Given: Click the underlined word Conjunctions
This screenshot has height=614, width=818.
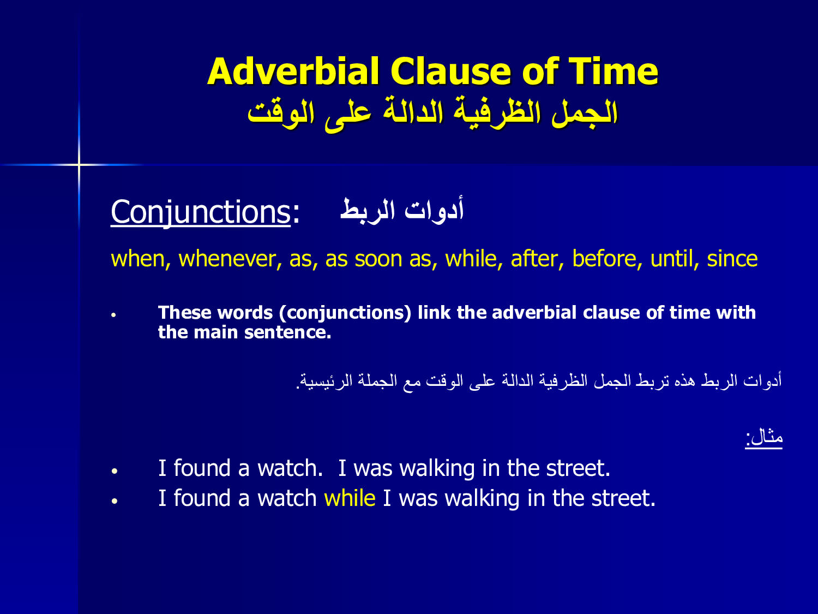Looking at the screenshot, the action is pyautogui.click(x=201, y=212).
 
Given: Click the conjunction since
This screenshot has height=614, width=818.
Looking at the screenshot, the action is pyautogui.click(x=732, y=258).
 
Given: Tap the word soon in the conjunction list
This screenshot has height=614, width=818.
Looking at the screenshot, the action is pyautogui.click(x=378, y=259).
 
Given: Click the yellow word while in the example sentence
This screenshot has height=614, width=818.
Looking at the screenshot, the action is pyautogui.click(x=350, y=498).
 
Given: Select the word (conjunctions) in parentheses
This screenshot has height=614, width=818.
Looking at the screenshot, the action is pyautogui.click(x=345, y=313).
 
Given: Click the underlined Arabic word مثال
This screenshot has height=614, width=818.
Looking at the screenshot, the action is pyautogui.click(x=763, y=437).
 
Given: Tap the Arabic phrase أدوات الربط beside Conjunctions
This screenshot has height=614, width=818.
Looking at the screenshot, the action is pyautogui.click(x=402, y=210).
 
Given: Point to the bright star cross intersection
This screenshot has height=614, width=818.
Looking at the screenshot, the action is pyautogui.click(x=79, y=164).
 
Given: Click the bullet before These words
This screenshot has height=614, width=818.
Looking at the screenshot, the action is pyautogui.click(x=113, y=315).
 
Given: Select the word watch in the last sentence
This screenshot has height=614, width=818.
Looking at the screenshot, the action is pyautogui.click(x=287, y=498).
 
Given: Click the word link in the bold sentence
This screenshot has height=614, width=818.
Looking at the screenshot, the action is pyautogui.click(x=434, y=312).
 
